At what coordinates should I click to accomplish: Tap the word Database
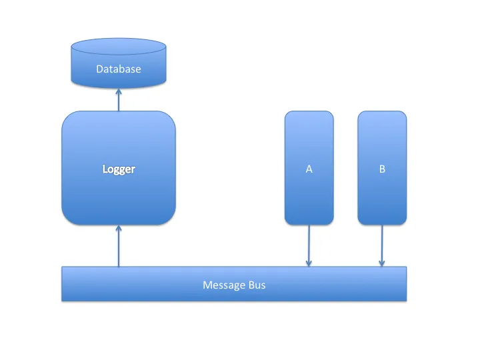tap(119, 69)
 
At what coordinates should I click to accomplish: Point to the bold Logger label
tap(119, 169)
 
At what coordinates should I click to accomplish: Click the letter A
tap(309, 169)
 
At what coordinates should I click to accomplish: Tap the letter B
tap(382, 169)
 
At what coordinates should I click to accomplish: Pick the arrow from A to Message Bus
tap(309, 243)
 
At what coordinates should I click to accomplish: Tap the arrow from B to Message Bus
tap(382, 243)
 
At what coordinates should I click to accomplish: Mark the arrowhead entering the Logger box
tap(119, 229)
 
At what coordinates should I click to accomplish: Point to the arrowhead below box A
tap(309, 263)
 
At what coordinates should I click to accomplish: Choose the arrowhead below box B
tap(382, 263)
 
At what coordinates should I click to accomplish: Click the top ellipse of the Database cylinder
tap(119, 47)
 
